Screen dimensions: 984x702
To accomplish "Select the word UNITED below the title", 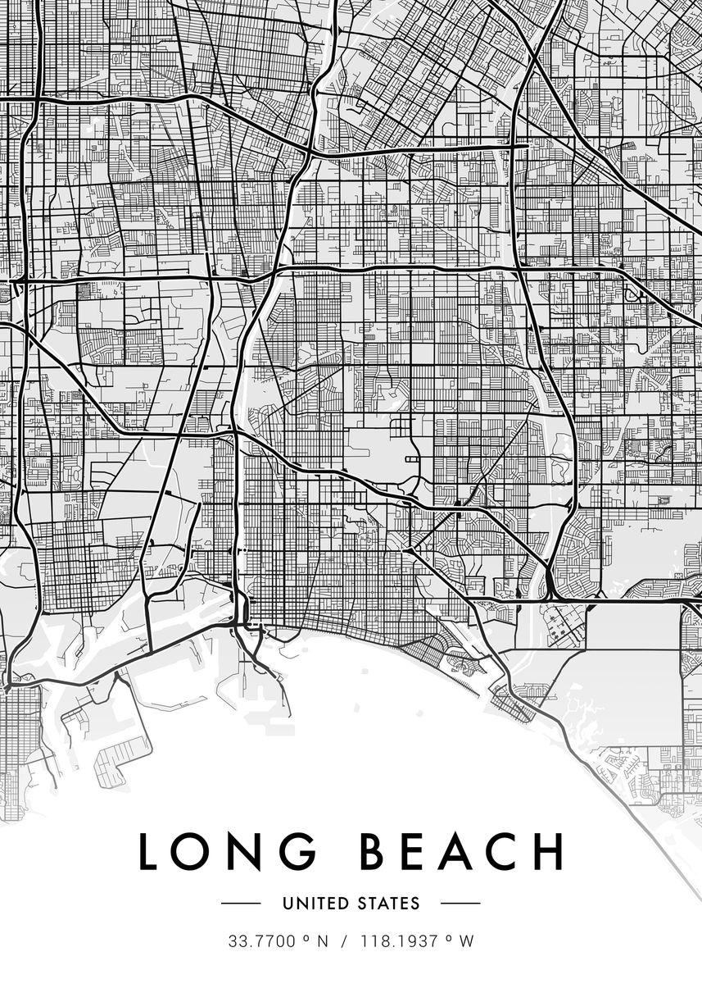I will [315, 904].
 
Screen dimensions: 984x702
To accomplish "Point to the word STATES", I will [388, 904].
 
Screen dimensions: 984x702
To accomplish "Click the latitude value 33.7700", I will [262, 941].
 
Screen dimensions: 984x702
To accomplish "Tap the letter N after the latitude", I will [322, 941].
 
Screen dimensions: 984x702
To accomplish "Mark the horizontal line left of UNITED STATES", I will [241, 904].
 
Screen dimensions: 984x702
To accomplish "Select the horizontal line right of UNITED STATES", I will [460, 904].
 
